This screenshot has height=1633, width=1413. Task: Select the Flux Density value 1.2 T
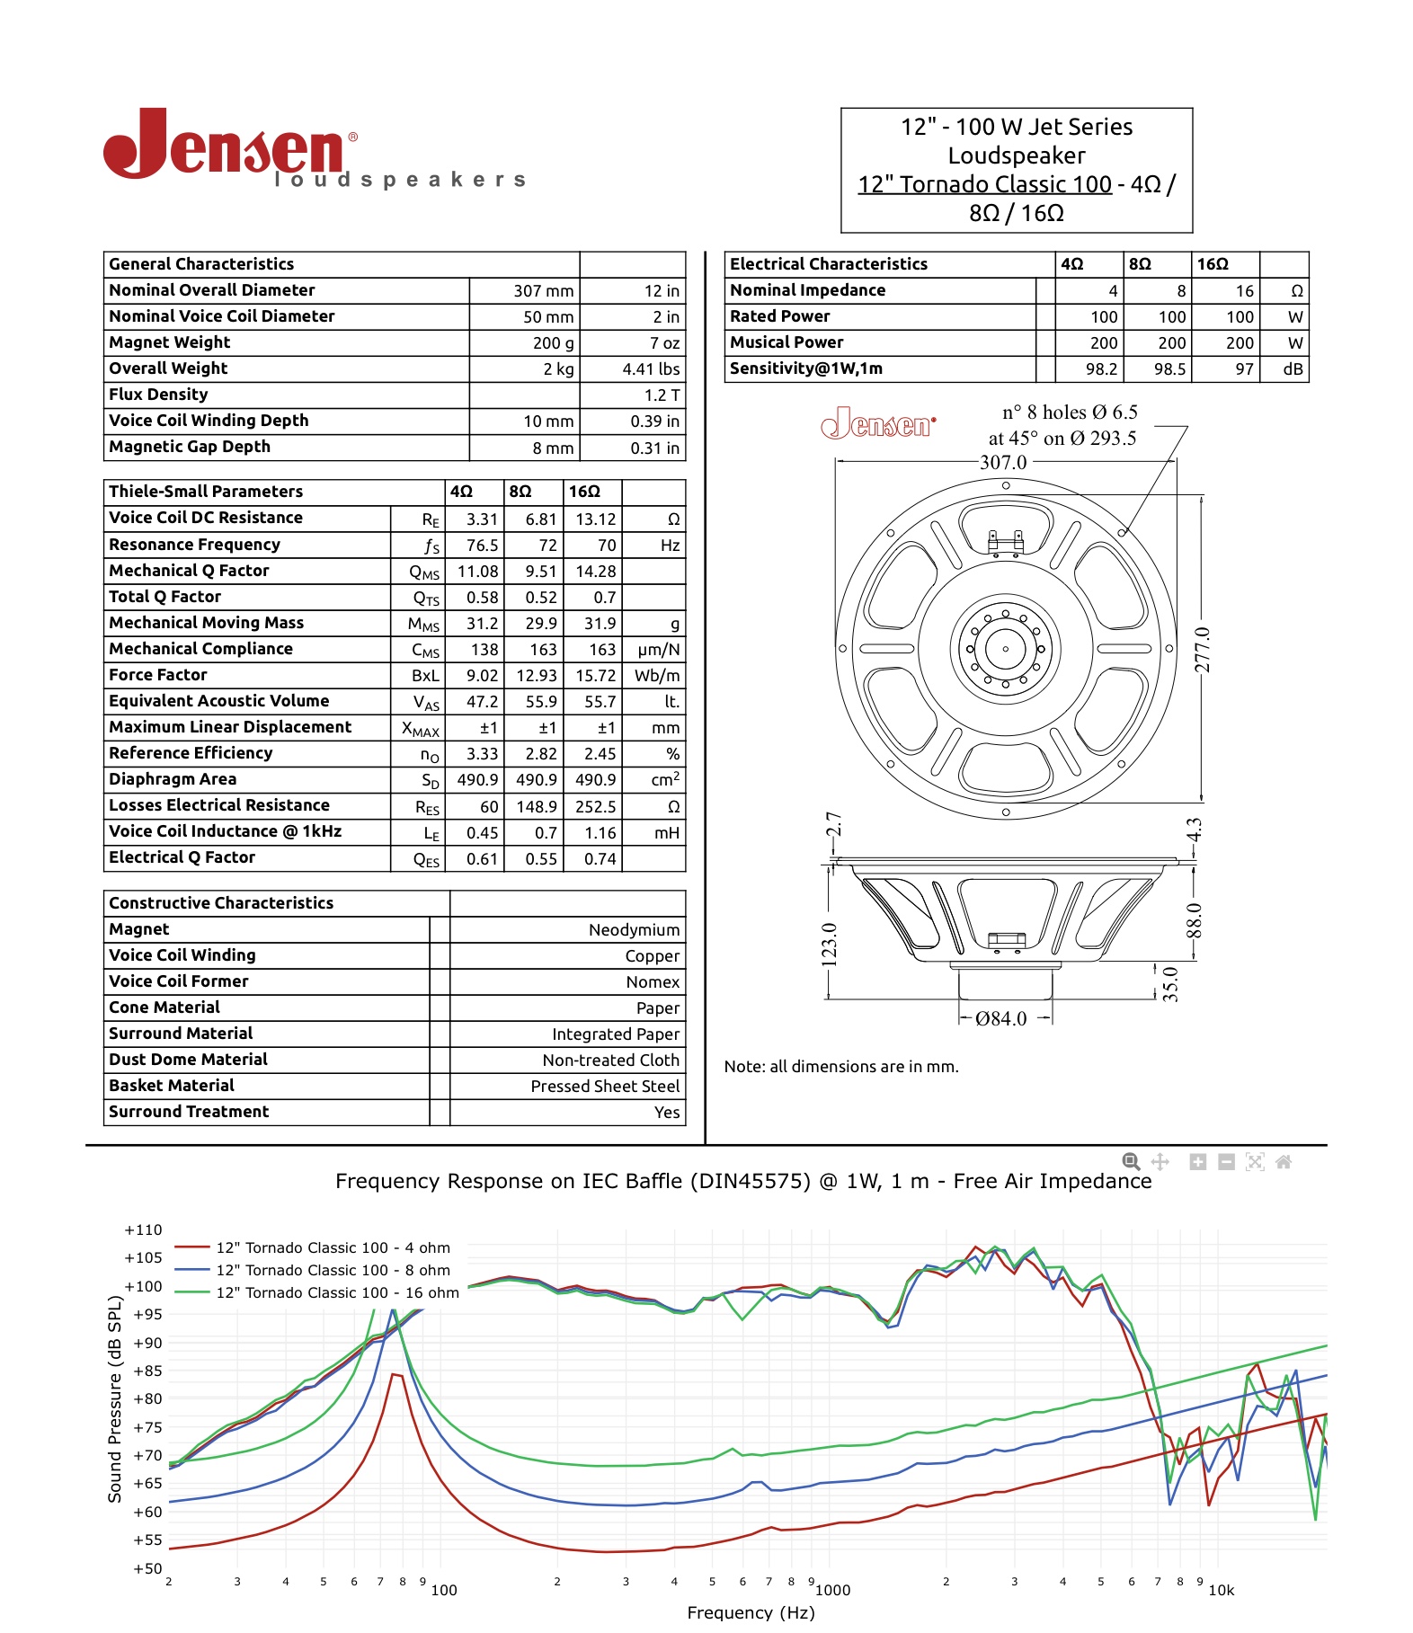(662, 395)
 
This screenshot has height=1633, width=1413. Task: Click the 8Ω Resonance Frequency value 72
(547, 546)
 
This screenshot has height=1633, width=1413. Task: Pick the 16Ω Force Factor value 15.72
(595, 676)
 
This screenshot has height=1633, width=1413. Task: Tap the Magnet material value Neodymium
(634, 930)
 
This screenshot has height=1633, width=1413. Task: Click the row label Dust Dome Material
(188, 1060)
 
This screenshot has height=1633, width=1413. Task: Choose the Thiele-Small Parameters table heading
(206, 492)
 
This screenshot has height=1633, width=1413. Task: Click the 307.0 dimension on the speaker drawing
(1002, 463)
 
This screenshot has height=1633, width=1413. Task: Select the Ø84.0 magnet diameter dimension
(1000, 1019)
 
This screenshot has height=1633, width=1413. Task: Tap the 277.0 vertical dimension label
(1203, 649)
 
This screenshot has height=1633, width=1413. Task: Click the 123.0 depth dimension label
(829, 945)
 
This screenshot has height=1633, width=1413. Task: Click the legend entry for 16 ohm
(337, 1292)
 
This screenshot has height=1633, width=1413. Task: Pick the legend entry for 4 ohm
(333, 1247)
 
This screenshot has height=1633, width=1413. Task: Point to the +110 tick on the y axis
(144, 1230)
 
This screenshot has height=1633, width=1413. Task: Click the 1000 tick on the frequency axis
(832, 1590)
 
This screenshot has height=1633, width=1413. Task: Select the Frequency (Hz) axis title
(751, 1612)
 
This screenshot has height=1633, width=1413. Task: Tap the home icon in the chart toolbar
(1283, 1162)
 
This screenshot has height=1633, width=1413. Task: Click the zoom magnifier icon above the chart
(1131, 1162)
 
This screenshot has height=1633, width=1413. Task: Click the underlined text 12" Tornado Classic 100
(984, 184)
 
